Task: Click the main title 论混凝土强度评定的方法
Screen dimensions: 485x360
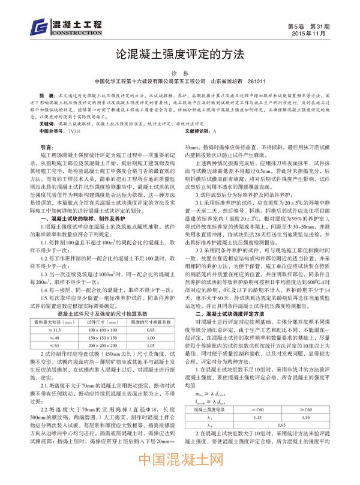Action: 180,53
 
